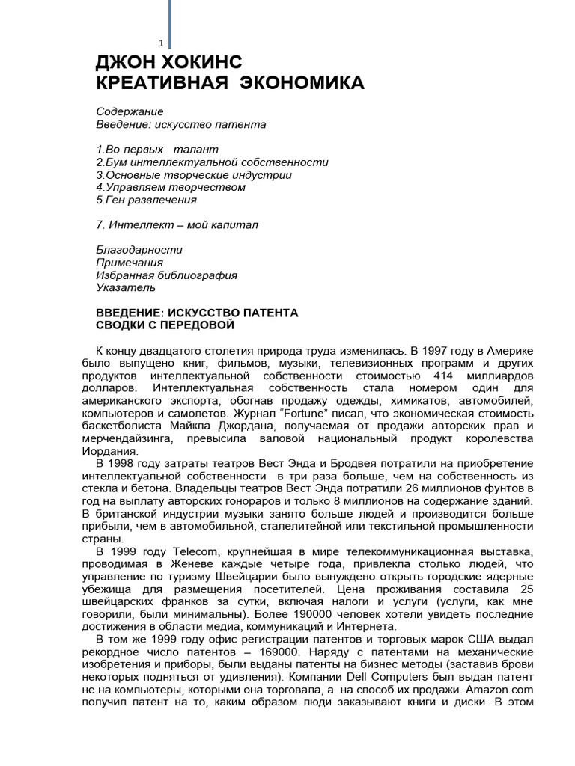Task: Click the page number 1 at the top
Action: [x=161, y=43]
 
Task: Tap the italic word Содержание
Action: [x=130, y=111]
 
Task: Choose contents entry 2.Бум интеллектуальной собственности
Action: [x=212, y=162]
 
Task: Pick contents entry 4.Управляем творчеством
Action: [x=171, y=188]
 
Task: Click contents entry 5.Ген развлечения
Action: [x=147, y=200]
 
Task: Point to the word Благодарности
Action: [x=139, y=250]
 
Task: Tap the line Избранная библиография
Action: [x=166, y=275]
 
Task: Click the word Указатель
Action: [x=126, y=288]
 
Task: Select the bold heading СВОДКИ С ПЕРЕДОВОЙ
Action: [x=165, y=325]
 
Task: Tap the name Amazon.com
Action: [x=499, y=699]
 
